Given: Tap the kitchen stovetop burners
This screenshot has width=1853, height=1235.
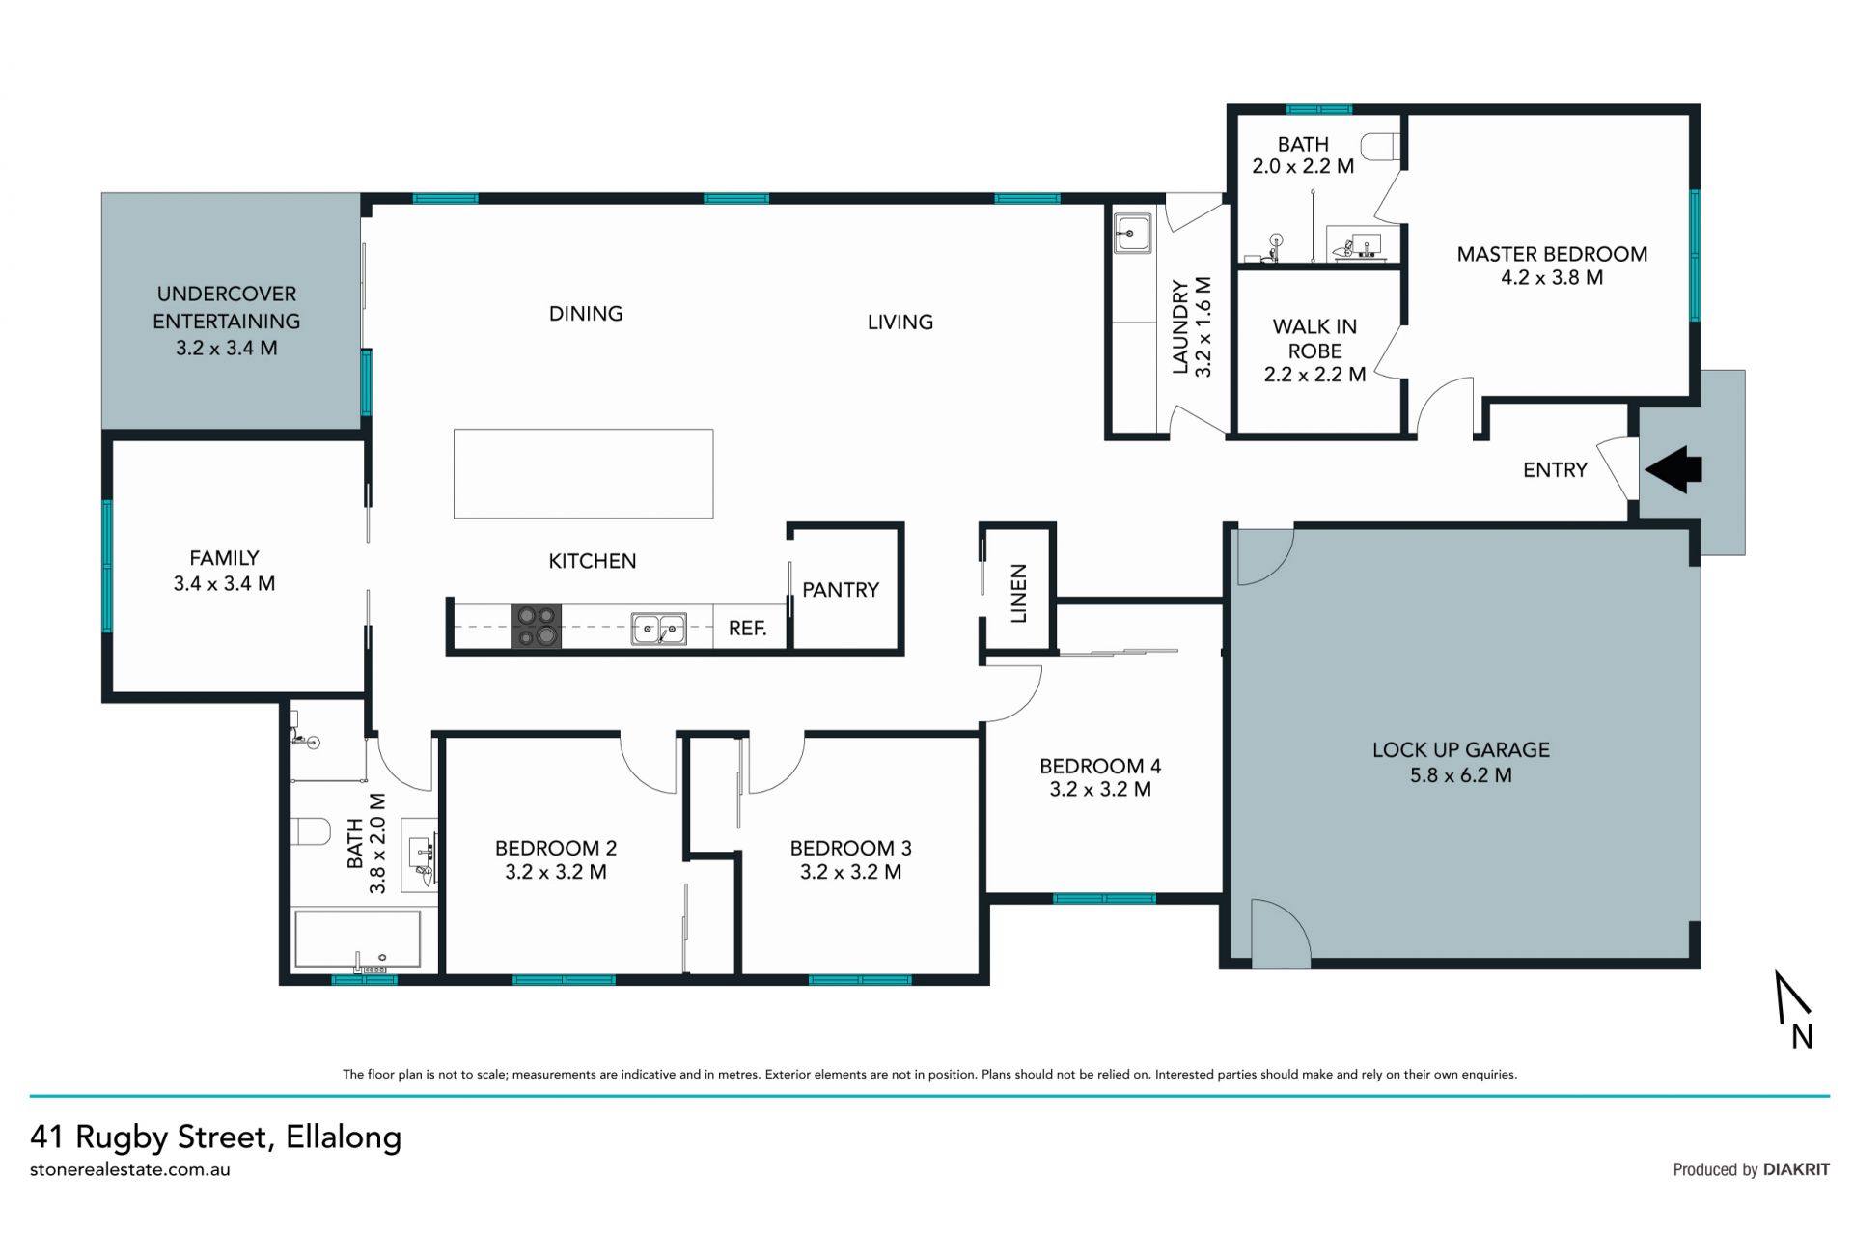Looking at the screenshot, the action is (536, 626).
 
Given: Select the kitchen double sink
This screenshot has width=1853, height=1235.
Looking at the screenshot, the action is (659, 629).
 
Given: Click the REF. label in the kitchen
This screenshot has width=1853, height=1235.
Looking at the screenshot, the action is (748, 629).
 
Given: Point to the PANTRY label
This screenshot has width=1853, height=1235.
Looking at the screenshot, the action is (841, 590).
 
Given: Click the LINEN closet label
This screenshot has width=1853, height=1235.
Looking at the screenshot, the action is (1018, 593).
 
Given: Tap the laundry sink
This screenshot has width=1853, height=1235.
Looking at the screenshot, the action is (1131, 234).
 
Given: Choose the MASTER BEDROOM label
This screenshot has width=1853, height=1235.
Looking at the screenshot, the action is (1552, 254).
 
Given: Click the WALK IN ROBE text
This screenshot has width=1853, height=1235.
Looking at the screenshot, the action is (1314, 339).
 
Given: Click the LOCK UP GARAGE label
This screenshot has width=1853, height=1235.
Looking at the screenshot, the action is (1461, 750).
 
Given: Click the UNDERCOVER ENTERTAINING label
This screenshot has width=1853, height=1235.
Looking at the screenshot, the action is (227, 307).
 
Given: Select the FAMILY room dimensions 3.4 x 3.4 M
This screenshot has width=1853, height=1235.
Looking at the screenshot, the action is (224, 583).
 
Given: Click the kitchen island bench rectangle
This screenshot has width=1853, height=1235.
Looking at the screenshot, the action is (584, 473).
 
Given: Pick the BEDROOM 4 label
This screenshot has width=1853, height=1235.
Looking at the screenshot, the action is (1100, 767).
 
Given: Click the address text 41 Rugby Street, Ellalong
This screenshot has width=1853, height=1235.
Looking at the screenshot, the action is (215, 1137).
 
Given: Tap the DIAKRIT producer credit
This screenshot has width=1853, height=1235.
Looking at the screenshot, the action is (1796, 1169).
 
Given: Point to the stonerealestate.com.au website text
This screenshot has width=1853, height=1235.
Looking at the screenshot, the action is (130, 1169).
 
